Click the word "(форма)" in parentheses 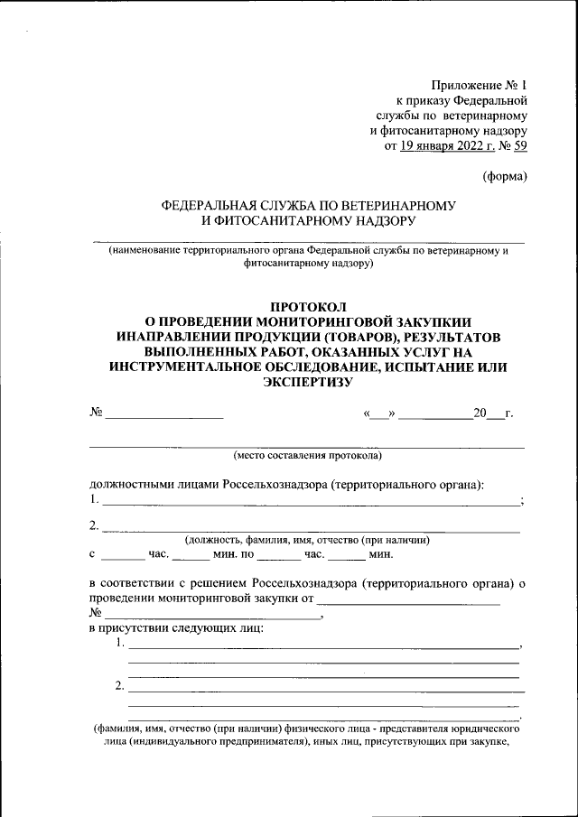[504, 176]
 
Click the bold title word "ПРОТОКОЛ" [307, 307]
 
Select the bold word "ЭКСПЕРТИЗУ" [307, 383]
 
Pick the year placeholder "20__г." [493, 414]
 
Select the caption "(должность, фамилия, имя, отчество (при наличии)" [307, 540]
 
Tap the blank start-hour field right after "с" [117, 558]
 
